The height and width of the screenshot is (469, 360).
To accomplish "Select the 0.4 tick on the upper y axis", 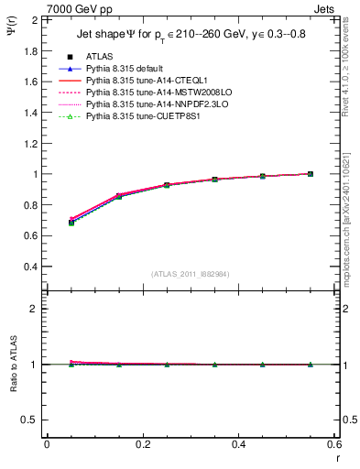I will (x=30, y=267).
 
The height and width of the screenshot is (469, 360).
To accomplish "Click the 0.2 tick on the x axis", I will (x=142, y=444).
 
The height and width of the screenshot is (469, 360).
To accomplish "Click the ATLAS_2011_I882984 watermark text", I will (x=190, y=274).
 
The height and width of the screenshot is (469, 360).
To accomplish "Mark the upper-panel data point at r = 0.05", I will (x=71, y=223).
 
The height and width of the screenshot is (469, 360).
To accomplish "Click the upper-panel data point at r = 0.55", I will (x=310, y=174).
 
